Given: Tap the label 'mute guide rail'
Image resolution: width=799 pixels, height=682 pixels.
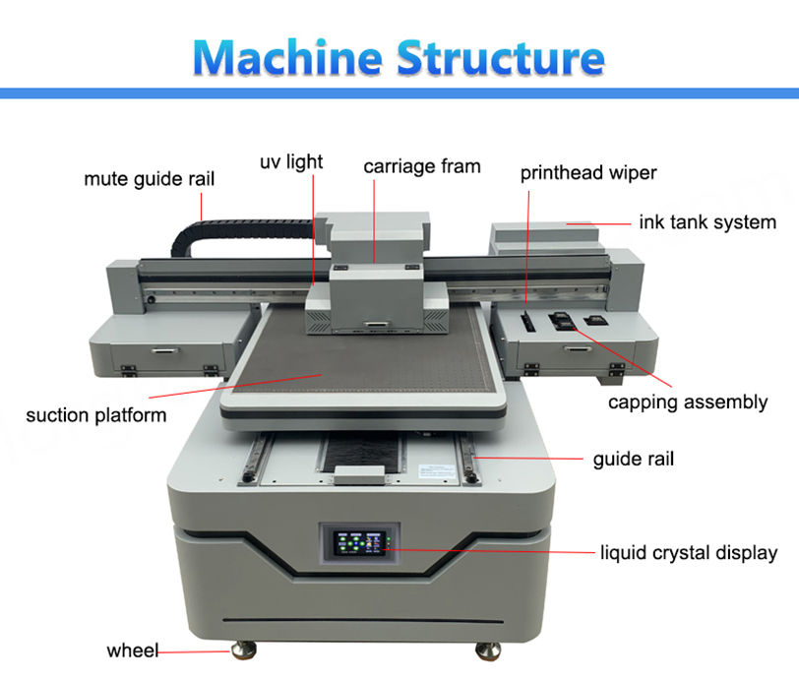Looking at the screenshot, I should [149, 179].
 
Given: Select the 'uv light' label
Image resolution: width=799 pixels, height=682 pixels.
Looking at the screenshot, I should [291, 161].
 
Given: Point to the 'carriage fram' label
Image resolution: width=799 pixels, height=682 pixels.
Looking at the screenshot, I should [422, 165].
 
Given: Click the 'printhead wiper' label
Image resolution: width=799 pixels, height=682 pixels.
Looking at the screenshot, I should [588, 174].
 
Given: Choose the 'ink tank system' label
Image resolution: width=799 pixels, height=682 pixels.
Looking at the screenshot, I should [707, 222].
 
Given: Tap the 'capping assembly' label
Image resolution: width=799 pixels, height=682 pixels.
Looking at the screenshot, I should [687, 402].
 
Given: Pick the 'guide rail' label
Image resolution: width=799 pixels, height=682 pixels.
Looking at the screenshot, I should [633, 459].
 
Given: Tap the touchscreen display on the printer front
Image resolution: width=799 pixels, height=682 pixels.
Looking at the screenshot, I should [361, 543].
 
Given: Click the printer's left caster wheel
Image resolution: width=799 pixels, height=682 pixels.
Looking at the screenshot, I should [242, 651].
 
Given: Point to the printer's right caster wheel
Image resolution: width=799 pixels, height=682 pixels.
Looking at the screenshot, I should [487, 651].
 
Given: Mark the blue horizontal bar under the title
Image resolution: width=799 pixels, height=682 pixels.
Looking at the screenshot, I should [399, 93].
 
